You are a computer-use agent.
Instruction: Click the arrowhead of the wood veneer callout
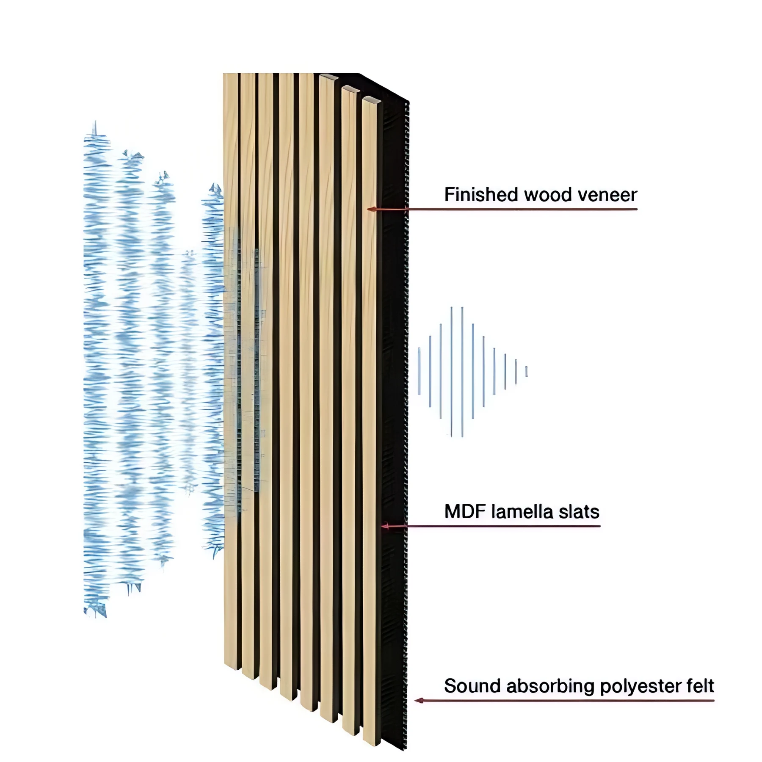point(371,209)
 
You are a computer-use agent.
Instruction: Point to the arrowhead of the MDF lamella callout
point(385,526)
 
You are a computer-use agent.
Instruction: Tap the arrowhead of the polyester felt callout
point(419,701)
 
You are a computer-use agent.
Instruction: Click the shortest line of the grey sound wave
point(526,371)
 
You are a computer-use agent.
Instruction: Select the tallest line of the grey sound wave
point(462,372)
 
